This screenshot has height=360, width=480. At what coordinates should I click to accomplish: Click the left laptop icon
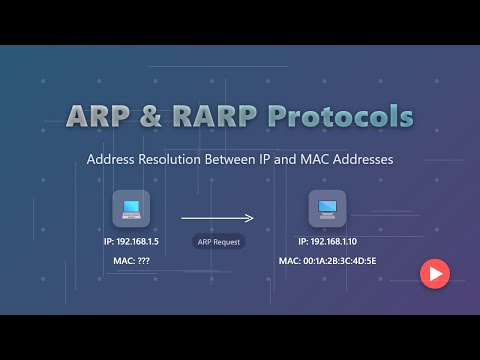coord(131,209)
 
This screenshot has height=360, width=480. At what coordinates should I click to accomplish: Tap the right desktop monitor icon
coord(326,209)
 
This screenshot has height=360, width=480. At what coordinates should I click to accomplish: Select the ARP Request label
coord(218,241)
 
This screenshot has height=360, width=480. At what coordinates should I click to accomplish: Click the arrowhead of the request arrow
coord(251,217)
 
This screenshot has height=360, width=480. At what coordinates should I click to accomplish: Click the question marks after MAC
coord(142,260)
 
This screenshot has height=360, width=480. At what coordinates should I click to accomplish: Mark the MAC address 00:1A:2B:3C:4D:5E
coord(342,260)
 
